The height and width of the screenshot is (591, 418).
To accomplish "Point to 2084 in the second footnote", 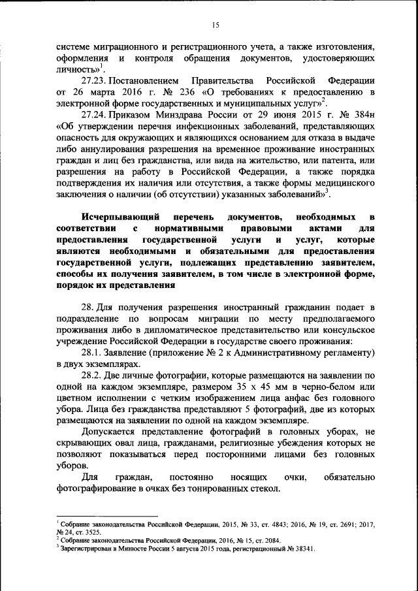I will click(274, 541).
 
